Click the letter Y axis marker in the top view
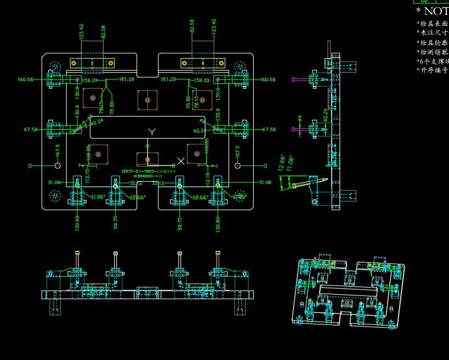point(152,132)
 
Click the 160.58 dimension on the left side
point(25,79)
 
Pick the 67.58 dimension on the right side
point(269,130)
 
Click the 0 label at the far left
point(31,165)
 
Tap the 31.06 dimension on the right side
point(265,182)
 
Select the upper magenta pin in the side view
point(294,79)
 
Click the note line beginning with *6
point(433,61)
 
